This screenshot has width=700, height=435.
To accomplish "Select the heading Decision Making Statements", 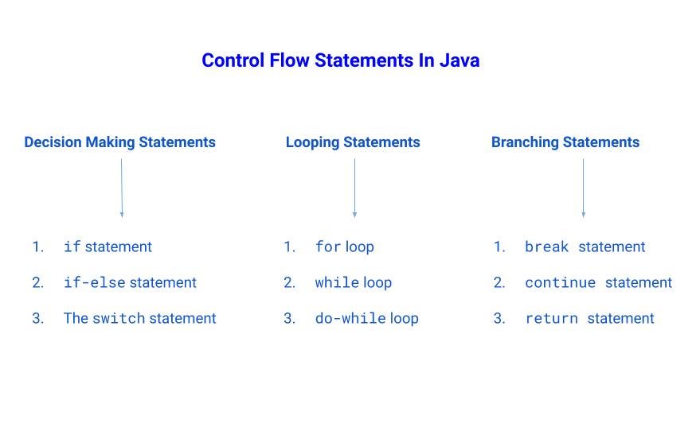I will pos(119,142).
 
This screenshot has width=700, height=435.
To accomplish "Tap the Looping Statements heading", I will pos(353,142).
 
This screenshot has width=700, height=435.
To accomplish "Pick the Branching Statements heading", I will pos(565,142).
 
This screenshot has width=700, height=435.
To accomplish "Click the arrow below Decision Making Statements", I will pos(122,188).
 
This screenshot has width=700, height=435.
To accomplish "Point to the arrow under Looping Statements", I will pos(354,188).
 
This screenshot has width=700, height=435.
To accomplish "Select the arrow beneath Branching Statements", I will pos(583,188).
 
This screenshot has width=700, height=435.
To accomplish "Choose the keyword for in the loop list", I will pos(328,247).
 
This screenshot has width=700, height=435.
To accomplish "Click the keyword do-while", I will pos(350,319).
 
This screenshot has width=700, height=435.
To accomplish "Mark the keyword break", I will pos(547,247).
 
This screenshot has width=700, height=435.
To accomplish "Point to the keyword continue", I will pos(560,283).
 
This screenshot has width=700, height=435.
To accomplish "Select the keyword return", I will pos(551,319).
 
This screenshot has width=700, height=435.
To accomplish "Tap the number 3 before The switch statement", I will pos(37,319).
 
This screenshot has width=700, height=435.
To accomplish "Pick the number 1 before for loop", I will pos(289,247).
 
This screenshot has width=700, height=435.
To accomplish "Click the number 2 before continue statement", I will pos(499,283).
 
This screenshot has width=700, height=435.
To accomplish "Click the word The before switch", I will pos(76,319).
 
